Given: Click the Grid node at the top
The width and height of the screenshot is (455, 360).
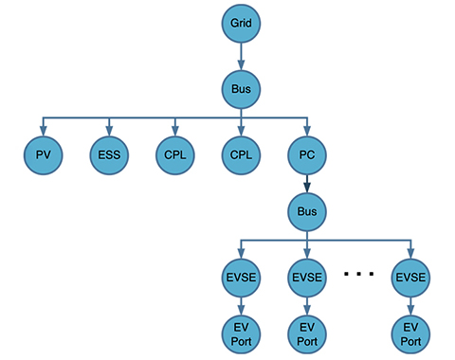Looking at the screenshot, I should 241,21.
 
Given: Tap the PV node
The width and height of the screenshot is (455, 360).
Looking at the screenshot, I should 42,153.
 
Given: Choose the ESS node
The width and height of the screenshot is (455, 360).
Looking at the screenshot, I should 109,153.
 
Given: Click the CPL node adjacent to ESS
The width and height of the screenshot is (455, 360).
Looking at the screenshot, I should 174,153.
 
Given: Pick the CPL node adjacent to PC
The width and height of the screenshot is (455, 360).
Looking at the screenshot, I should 241,153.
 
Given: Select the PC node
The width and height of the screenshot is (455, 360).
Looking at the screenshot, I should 307,153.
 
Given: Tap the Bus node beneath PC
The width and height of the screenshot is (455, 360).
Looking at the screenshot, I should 307,210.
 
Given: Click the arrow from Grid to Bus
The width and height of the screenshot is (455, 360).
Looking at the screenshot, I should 241,54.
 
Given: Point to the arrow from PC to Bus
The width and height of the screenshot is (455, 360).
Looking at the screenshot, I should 307,182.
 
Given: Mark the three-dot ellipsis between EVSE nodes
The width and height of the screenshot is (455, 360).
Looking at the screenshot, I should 359,275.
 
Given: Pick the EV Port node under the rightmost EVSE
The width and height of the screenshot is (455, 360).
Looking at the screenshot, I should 411,332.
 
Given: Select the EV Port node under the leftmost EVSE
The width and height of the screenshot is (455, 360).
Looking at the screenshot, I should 241,332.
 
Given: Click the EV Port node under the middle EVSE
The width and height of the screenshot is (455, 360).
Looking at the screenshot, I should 307,332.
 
